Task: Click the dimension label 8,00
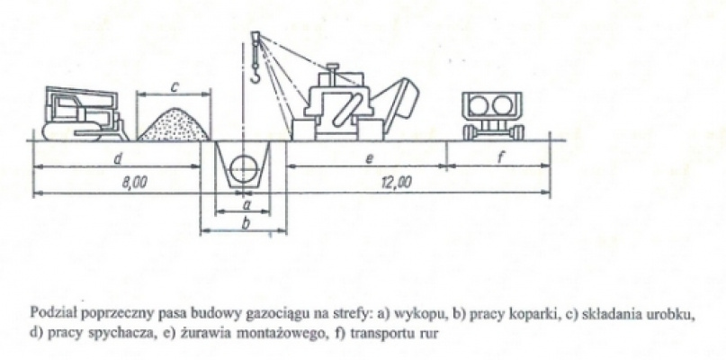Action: tap(134, 183)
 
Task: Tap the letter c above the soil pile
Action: tap(175, 86)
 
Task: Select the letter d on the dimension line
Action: tap(117, 159)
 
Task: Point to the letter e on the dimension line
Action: tap(369, 159)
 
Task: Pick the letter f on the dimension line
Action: tap(500, 158)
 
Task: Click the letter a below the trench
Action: tap(246, 202)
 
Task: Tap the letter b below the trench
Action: tap(246, 224)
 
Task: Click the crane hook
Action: tap(255, 75)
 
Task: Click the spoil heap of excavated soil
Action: tap(175, 124)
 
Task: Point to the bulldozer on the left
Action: tap(84, 114)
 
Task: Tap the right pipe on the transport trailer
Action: tap(503, 105)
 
